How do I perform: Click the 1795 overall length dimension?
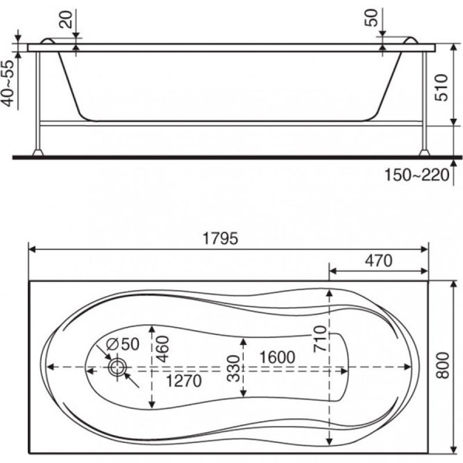click(220, 238)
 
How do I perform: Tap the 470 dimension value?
click(379, 261)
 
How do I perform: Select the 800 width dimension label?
click(443, 365)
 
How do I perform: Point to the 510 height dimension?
click(441, 87)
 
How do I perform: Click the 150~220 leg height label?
click(417, 175)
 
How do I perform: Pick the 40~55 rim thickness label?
click(8, 83)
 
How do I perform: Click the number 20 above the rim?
click(66, 19)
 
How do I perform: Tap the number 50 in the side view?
click(371, 18)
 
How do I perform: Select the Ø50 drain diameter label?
click(123, 343)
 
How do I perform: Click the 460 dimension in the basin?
click(163, 349)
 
